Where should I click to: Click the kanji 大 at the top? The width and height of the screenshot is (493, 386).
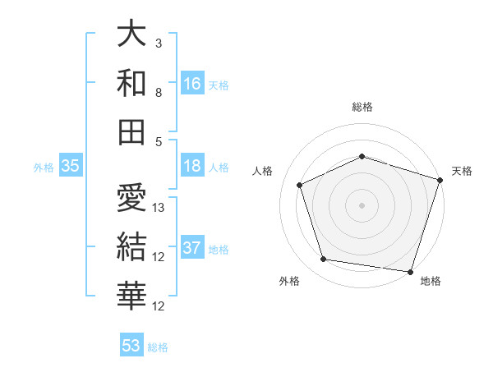(x=132, y=34)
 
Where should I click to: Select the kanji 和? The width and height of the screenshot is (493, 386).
(x=132, y=83)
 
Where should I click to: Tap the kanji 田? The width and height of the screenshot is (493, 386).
(x=132, y=131)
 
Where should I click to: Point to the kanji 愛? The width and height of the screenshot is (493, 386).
(x=132, y=197)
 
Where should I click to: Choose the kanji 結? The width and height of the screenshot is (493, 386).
(x=132, y=246)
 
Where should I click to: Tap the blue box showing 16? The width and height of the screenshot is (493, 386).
(x=192, y=84)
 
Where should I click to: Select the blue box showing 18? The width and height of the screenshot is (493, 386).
(x=192, y=166)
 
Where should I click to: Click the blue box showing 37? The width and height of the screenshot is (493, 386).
(x=192, y=248)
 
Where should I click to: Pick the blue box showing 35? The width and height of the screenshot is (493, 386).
(x=71, y=166)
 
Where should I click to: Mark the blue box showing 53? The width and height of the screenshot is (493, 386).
(x=131, y=346)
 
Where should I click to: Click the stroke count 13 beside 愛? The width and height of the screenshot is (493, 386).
(x=159, y=208)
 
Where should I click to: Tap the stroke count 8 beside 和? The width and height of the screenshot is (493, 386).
(x=159, y=93)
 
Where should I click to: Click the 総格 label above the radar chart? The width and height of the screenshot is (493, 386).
(x=362, y=107)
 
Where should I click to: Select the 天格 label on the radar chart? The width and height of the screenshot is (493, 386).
(x=462, y=171)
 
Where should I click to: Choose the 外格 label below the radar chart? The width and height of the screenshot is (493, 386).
(x=289, y=281)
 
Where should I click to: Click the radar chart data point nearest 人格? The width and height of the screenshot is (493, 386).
(x=300, y=185)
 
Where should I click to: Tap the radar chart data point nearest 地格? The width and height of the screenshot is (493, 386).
(x=408, y=270)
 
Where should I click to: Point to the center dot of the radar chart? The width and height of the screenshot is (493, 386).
(x=362, y=205)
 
